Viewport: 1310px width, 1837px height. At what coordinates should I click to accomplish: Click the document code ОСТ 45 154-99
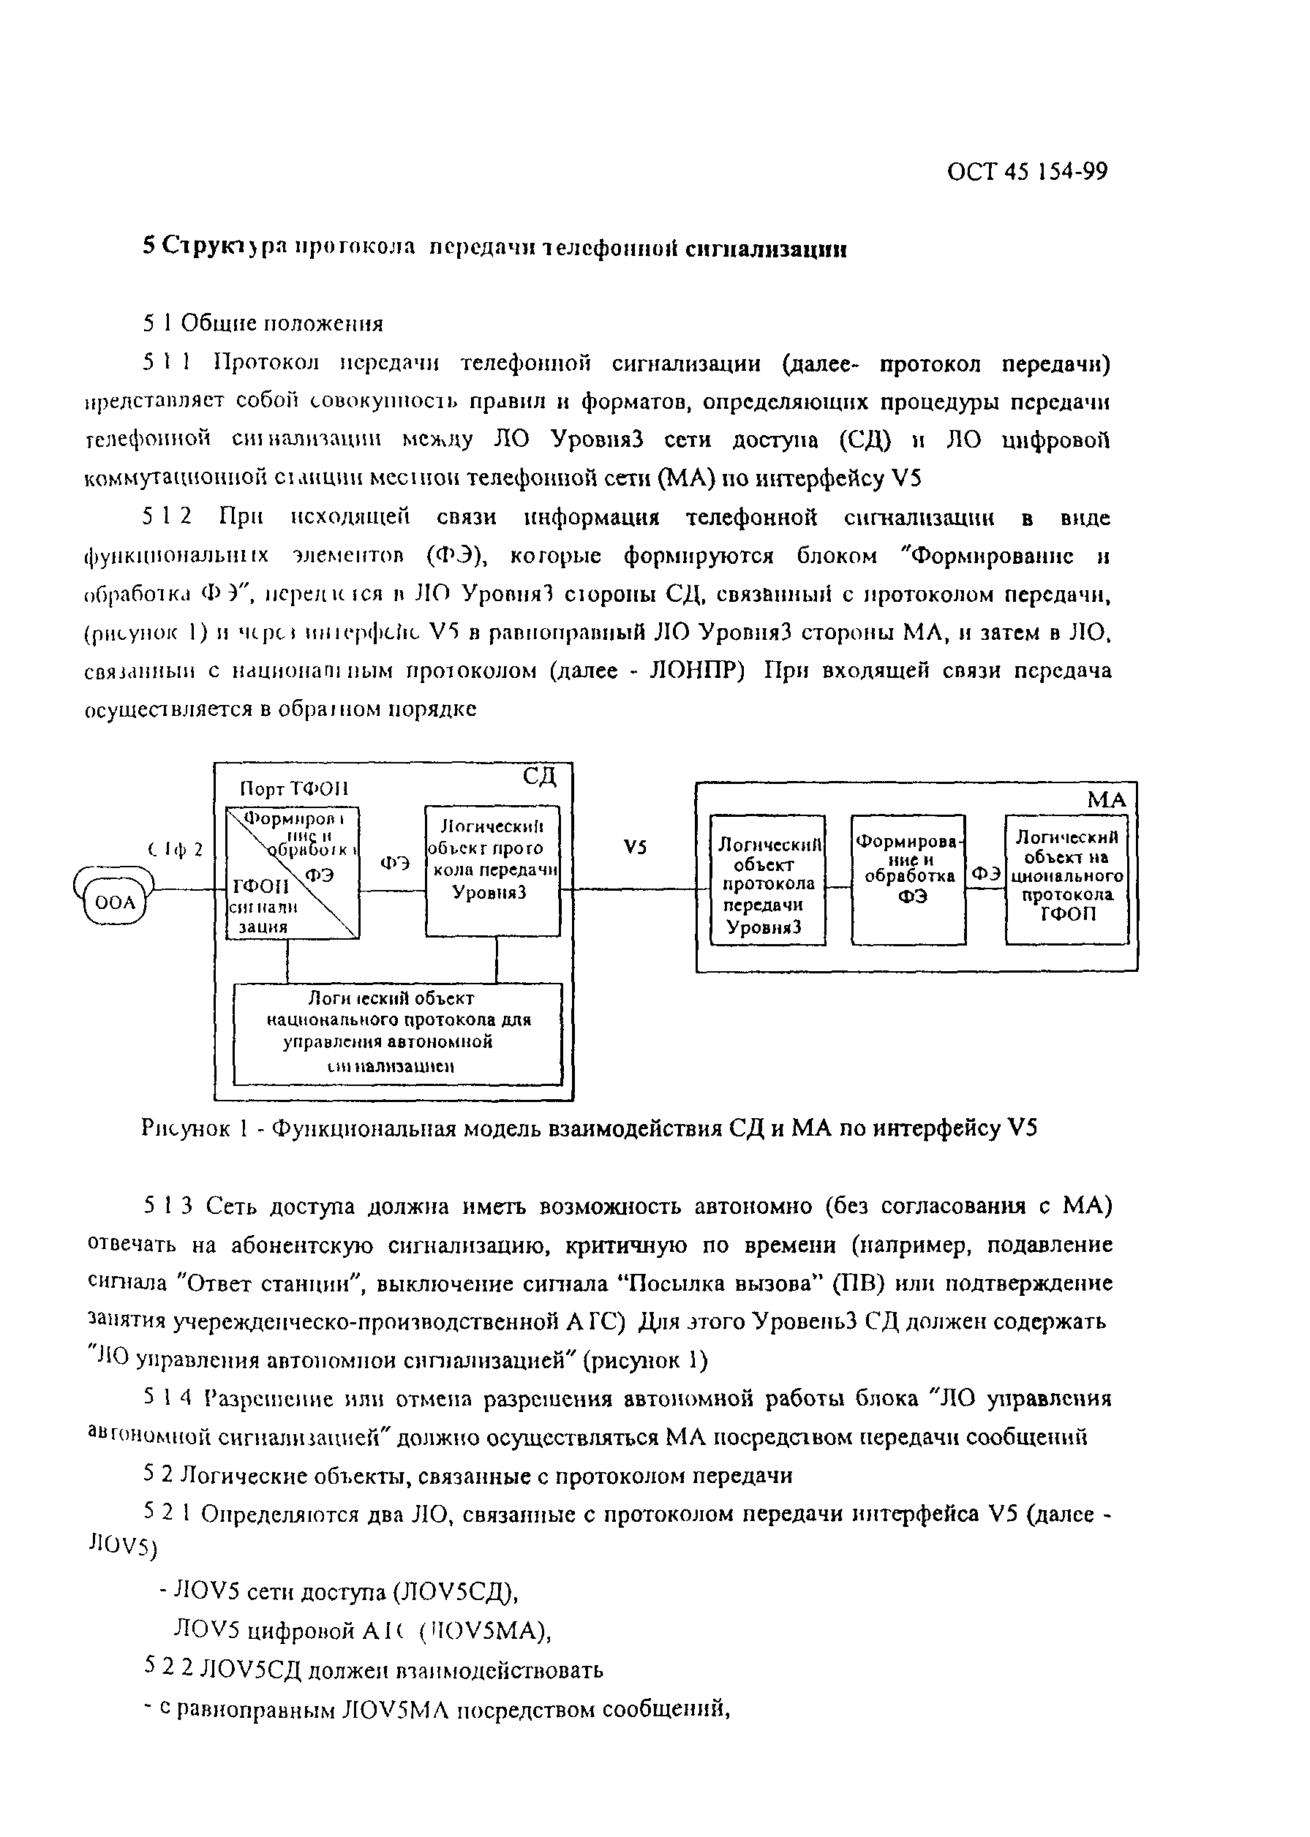pyautogui.click(x=1027, y=172)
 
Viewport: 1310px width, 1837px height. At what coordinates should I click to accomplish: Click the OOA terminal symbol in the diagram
pyautogui.click(x=116, y=902)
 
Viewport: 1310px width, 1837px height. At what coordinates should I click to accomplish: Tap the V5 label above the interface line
pyautogui.click(x=635, y=848)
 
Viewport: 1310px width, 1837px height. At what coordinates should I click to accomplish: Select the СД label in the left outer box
pyautogui.click(x=538, y=777)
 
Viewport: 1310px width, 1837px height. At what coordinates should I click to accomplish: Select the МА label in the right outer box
pyautogui.click(x=1106, y=800)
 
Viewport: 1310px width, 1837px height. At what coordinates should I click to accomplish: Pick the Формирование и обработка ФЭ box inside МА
pyautogui.click(x=908, y=879)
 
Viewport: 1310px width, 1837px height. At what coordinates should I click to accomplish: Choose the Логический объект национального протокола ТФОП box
pyautogui.click(x=1066, y=879)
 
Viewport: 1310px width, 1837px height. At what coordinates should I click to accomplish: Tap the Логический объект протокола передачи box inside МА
pyautogui.click(x=767, y=879)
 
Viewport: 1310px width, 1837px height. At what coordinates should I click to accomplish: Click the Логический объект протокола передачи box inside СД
pyautogui.click(x=492, y=870)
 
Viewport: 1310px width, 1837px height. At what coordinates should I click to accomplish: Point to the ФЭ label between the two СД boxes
pyautogui.click(x=394, y=863)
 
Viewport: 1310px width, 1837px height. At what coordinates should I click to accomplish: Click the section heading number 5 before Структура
pyautogui.click(x=148, y=246)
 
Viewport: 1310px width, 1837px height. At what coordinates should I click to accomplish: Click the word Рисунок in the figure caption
pyautogui.click(x=186, y=1128)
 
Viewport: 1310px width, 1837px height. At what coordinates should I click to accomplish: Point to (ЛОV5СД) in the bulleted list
pyautogui.click(x=454, y=1592)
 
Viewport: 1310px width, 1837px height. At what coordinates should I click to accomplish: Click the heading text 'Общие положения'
pyautogui.click(x=282, y=323)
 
